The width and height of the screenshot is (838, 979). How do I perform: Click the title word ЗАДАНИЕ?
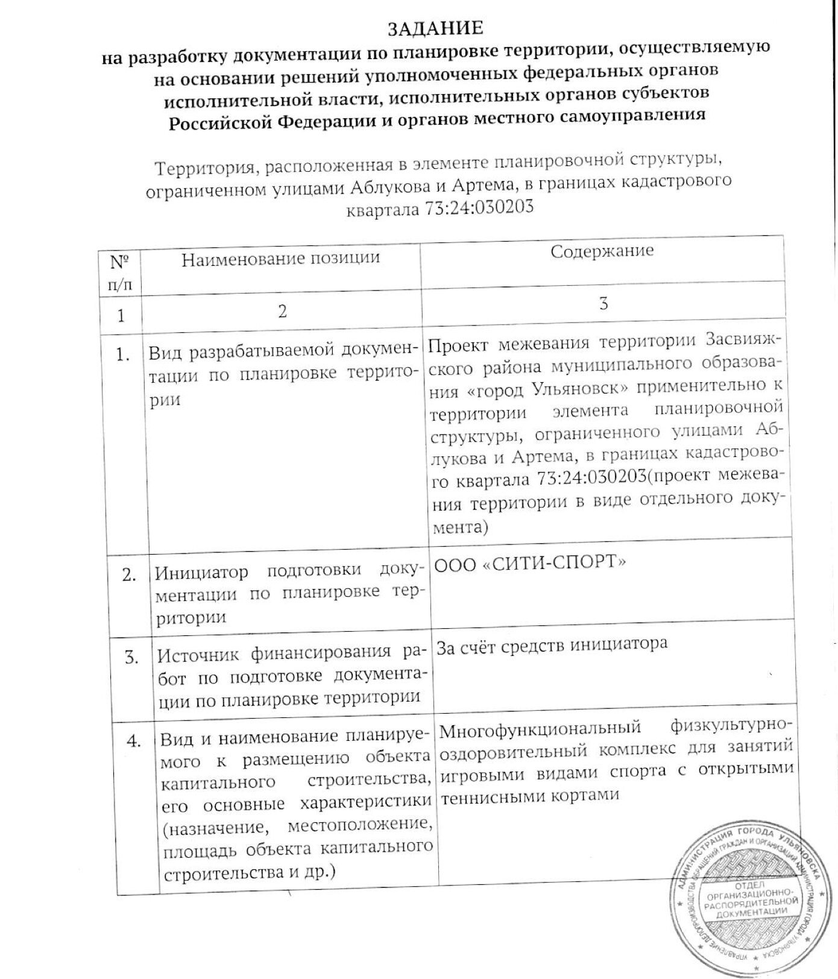pyautogui.click(x=435, y=28)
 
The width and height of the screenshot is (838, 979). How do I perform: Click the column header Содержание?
pyautogui.click(x=602, y=251)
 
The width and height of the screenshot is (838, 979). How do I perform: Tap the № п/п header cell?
pyautogui.click(x=120, y=272)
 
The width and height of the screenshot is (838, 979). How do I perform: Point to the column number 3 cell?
pyautogui.click(x=603, y=304)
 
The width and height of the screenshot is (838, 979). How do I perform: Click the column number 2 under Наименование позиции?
pyautogui.click(x=282, y=311)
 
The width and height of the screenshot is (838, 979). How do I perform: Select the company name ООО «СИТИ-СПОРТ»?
pyautogui.click(x=531, y=563)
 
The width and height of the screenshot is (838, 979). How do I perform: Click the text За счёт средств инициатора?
pyautogui.click(x=552, y=645)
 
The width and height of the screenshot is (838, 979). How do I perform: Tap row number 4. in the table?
pyautogui.click(x=133, y=740)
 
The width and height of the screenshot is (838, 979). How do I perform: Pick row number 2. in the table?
pyautogui.click(x=129, y=574)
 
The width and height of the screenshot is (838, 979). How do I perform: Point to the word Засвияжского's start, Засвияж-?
pyautogui.click(x=743, y=339)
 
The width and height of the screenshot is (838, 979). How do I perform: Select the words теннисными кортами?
pyautogui.click(x=530, y=795)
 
